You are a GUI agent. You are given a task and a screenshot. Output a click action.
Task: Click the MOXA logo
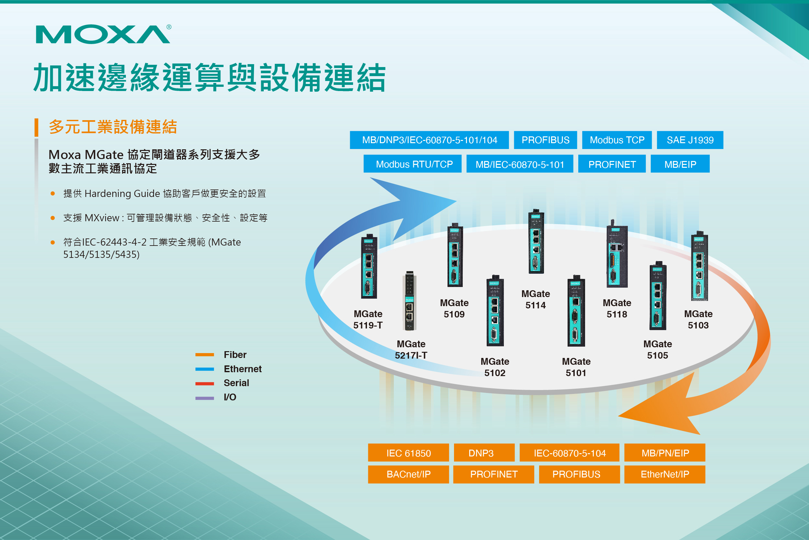pos(103,34)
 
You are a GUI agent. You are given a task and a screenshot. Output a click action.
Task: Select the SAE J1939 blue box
pos(690,140)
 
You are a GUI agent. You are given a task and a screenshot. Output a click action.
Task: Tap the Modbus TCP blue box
pos(617,140)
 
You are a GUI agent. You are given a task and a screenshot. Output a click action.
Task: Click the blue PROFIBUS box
pos(545,140)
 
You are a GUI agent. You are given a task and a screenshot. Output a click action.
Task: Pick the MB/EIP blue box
pos(680,164)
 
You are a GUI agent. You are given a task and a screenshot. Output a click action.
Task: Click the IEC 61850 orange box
pos(408,453)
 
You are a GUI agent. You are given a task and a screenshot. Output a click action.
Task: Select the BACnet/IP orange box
pos(408,474)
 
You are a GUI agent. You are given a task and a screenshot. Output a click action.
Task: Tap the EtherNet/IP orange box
pos(665,474)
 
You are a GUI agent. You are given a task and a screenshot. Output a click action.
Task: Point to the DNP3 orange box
pos(484,453)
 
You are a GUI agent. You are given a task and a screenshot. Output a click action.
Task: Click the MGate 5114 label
pos(536,299)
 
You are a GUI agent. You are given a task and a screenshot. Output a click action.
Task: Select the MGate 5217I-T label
pos(411,349)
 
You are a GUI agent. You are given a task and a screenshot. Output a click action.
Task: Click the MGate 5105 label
pos(657,349)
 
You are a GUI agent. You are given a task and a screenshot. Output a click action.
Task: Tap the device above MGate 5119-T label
pos(369,267)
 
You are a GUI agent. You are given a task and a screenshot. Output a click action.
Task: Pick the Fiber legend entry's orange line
pos(205,355)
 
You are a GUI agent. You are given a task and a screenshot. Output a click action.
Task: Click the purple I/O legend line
pos(205,398)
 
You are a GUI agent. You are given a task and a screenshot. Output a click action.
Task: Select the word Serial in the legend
pos(236,383)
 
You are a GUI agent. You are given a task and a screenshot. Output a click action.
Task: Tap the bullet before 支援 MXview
pos(53,218)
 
